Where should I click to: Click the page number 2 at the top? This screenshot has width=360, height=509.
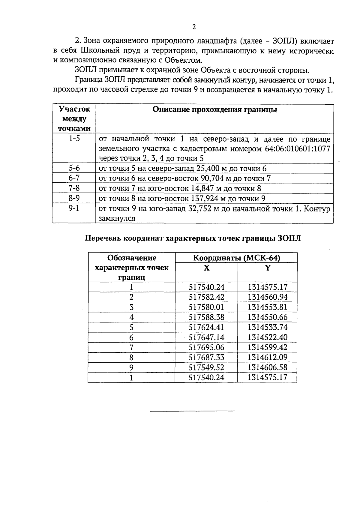click(194, 27)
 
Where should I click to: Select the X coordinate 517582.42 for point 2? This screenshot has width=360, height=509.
click(206, 297)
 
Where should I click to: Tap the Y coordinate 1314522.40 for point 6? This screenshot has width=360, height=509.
click(268, 337)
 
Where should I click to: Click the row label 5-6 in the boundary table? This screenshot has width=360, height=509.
click(74, 168)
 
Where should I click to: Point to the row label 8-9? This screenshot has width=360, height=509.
click(74, 198)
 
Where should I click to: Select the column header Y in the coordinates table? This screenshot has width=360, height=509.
click(268, 268)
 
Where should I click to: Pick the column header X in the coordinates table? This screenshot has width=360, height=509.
click(206, 268)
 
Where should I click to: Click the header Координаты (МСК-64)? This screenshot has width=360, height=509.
click(236, 258)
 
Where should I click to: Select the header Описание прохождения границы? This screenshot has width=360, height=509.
click(215, 109)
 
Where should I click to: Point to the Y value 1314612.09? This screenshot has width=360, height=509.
click(268, 358)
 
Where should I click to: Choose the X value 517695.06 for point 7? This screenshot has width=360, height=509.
click(206, 347)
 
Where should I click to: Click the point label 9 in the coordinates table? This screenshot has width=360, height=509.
click(131, 368)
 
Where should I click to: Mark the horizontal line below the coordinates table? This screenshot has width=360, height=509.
click(192, 411)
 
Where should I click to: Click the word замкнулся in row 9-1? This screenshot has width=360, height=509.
click(117, 219)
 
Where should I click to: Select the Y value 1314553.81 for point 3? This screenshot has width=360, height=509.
click(268, 307)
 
